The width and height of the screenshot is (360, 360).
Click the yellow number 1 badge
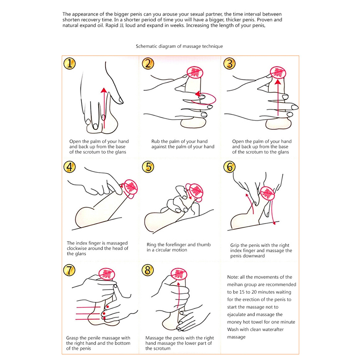[x=70, y=63]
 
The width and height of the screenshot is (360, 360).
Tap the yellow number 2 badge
[x=148, y=63]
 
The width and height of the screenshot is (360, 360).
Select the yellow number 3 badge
[x=230, y=63]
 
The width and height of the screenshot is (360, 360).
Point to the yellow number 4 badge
[x=70, y=167]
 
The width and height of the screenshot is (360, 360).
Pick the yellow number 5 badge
[x=148, y=167]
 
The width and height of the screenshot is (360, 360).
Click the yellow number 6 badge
[x=230, y=167]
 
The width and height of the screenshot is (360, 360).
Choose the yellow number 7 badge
[x=69, y=270]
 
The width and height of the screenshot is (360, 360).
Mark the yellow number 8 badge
[x=148, y=270]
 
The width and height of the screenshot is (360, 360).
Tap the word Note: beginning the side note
[x=233, y=277]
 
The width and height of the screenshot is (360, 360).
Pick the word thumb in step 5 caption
[x=204, y=245]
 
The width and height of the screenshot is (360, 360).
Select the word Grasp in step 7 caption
[x=73, y=338]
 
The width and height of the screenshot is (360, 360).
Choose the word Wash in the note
[x=233, y=329]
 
